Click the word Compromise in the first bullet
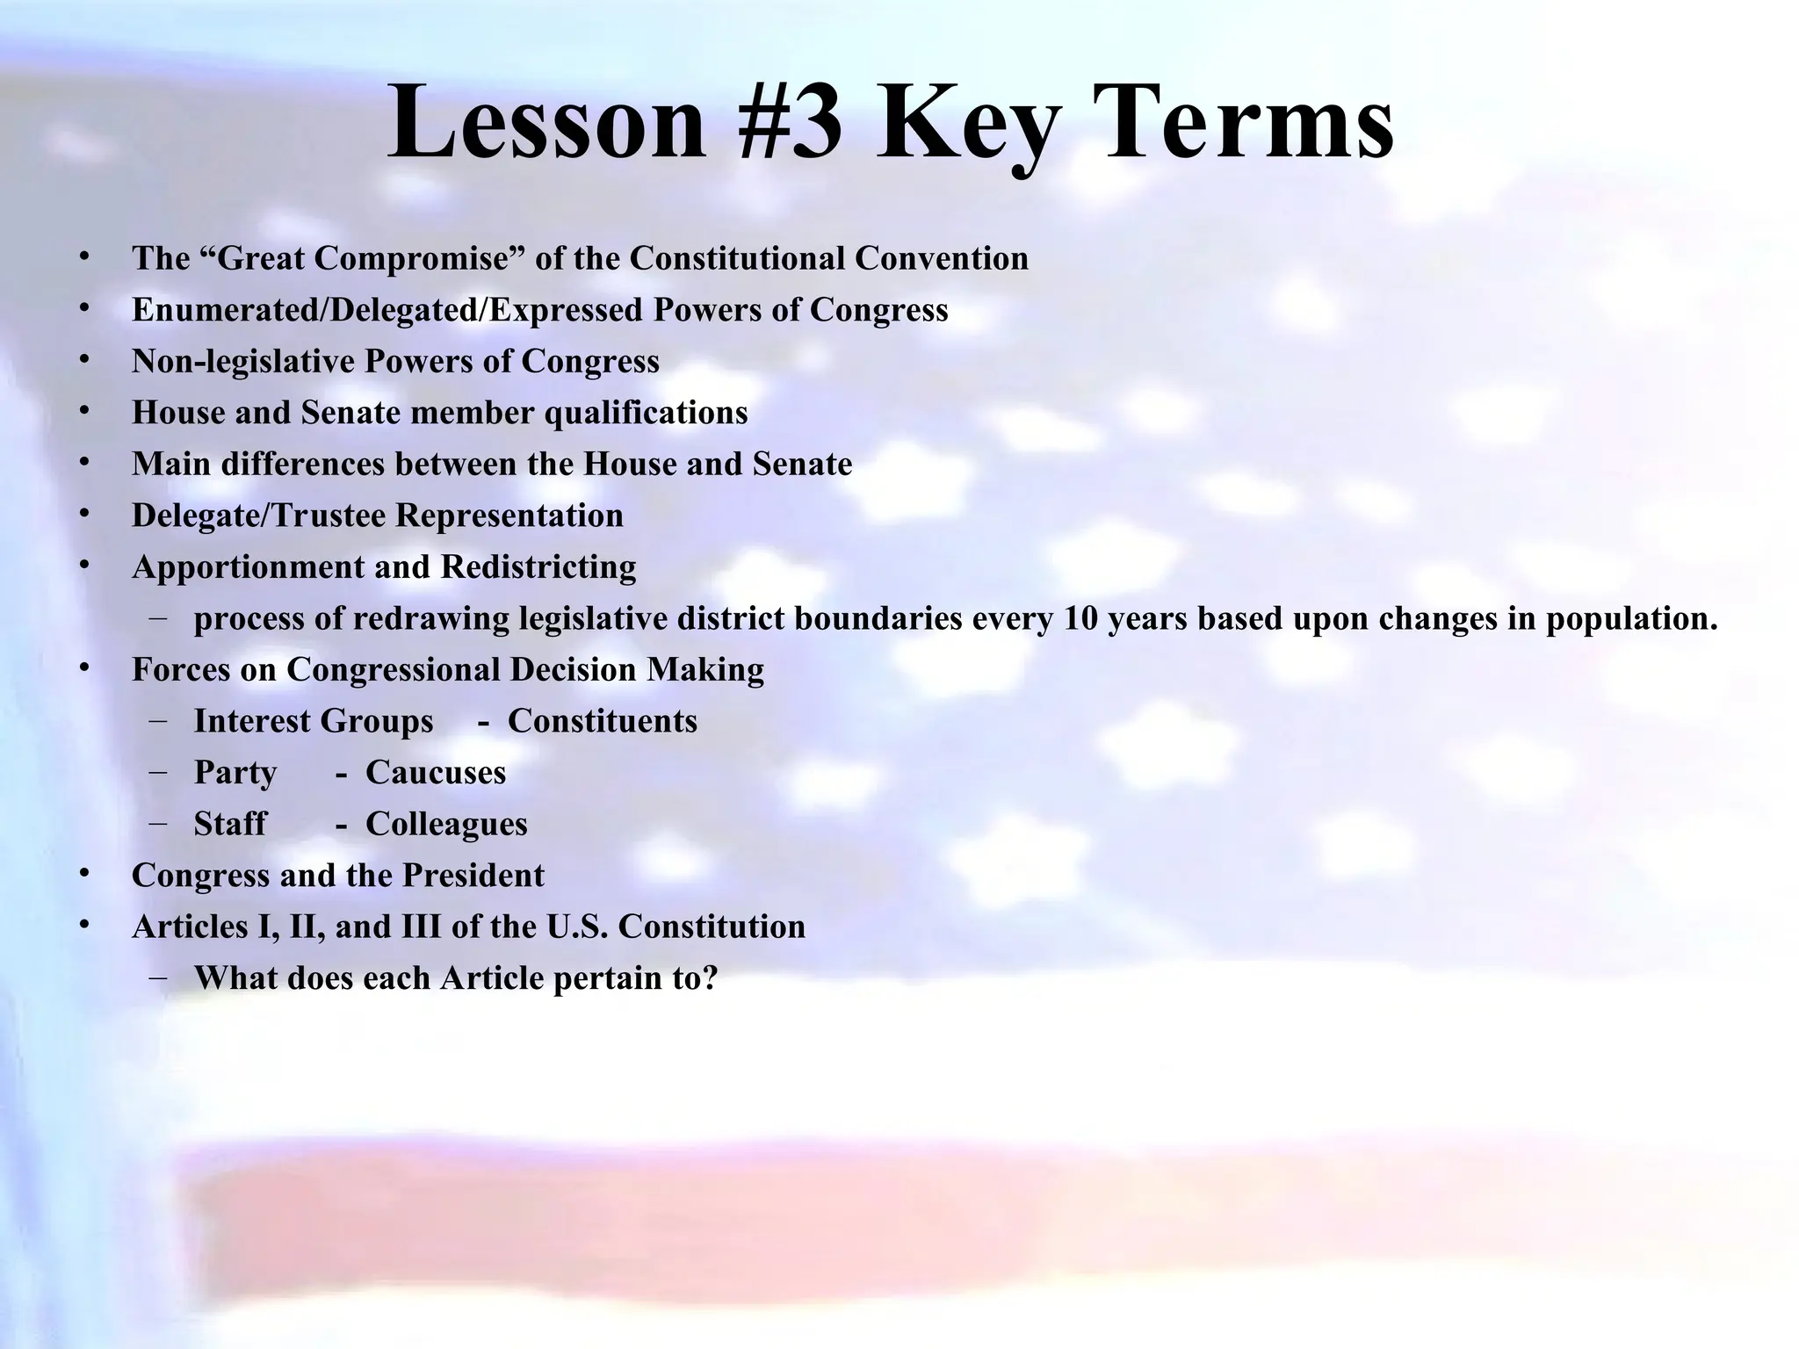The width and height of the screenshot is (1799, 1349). [414, 259]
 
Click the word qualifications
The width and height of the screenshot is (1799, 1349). [647, 413]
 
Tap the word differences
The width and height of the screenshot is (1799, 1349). [303, 464]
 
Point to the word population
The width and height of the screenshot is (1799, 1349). [1630, 619]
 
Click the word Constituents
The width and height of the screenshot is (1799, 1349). [603, 722]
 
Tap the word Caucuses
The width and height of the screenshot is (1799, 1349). [436, 773]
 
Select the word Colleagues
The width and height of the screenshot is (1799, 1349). [446, 825]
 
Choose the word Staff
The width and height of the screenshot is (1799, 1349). [230, 825]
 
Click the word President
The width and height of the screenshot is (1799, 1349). [473, 876]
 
